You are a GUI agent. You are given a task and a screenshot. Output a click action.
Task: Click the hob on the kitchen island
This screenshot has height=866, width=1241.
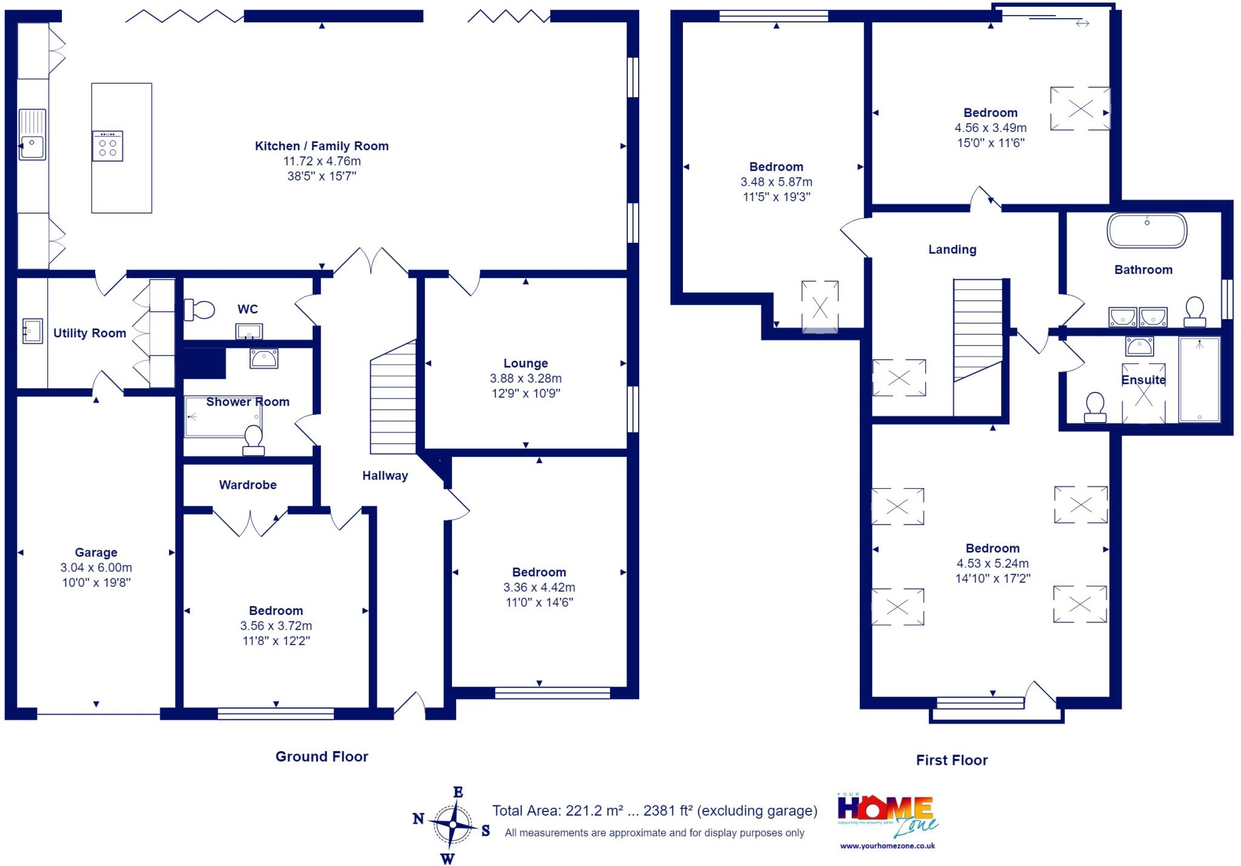pos(107,146)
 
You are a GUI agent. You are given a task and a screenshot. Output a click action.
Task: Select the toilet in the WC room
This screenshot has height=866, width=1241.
pos(199,310)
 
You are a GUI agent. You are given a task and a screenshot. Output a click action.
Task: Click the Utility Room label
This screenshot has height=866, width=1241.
pos(90,333)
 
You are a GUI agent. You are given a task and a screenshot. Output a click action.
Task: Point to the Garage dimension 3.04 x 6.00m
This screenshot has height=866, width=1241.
pos(96,567)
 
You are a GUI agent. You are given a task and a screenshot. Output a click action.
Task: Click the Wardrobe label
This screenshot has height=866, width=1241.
pos(248,484)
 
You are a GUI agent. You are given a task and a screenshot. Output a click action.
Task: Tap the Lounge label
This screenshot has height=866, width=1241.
pos(525,363)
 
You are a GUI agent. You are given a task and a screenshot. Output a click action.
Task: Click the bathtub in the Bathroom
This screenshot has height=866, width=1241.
pos(1146,231)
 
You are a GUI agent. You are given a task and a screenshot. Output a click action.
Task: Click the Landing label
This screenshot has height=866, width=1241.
pos(952,250)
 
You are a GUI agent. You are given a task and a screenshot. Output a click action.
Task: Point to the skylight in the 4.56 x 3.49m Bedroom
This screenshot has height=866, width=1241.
pos(1080,109)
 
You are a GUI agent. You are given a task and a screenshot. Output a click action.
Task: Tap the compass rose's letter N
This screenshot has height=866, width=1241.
pos(418,819)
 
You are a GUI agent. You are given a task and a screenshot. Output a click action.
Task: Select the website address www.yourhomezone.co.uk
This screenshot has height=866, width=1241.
pos(887,846)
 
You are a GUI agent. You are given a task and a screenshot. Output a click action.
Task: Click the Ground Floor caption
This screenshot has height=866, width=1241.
pos(322,756)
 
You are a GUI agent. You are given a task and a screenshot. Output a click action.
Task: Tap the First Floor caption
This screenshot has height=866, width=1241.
pos(951,760)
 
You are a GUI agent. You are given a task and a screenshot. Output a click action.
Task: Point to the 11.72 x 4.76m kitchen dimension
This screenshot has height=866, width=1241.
pos(322,161)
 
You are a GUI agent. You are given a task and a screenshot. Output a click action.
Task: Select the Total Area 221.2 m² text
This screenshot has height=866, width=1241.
pos(654,811)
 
